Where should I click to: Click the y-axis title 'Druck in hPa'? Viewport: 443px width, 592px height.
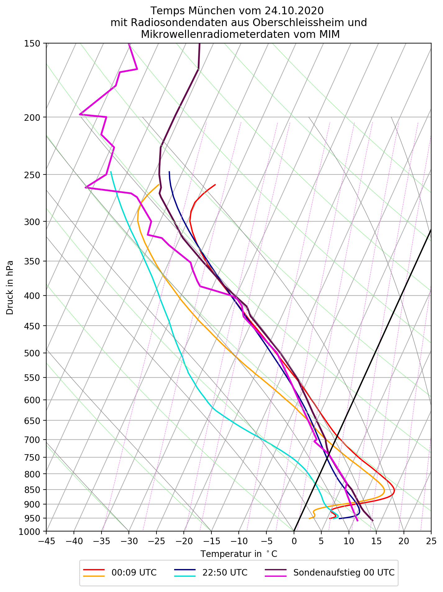tap(10, 287)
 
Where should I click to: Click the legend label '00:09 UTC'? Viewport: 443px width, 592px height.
tap(134, 572)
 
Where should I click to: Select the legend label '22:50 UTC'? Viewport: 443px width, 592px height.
tap(225, 572)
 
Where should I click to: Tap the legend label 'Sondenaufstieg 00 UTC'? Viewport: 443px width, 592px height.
tap(344, 572)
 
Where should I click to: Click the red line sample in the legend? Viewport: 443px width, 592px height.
tap(94, 570)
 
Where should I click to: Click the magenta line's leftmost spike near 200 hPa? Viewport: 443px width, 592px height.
tap(80, 114)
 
